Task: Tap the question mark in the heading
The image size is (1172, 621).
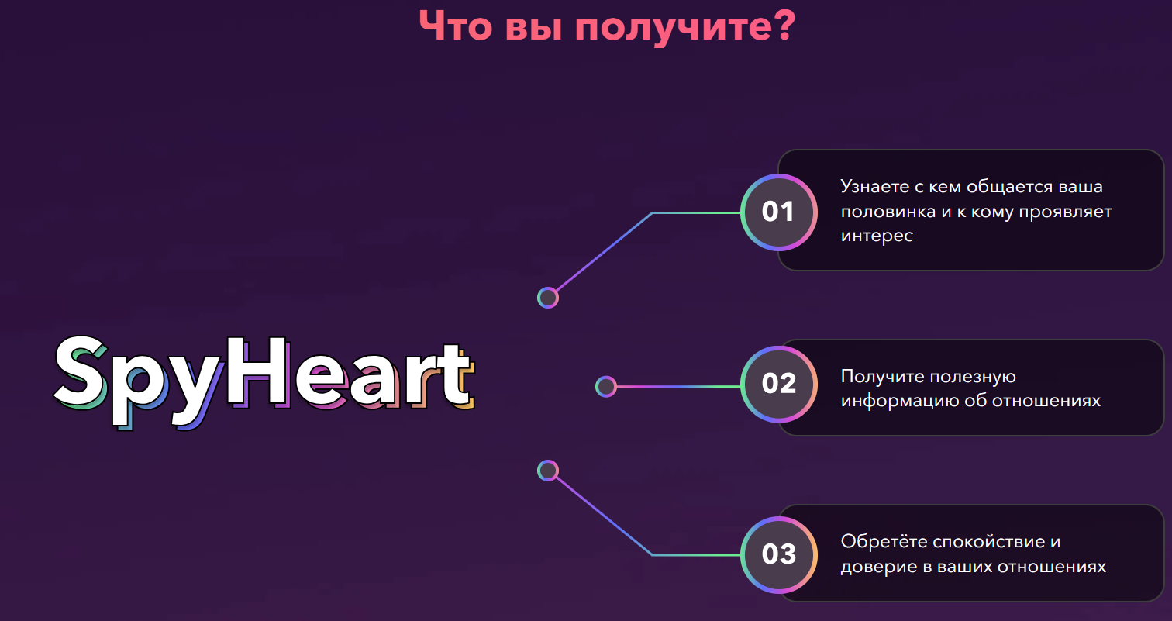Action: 781,25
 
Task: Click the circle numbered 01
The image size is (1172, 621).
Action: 779,212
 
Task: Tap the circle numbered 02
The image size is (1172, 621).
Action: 779,385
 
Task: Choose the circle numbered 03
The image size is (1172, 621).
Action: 779,555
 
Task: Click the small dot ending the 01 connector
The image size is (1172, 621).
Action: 548,298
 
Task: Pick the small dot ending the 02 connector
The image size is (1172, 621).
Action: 605,386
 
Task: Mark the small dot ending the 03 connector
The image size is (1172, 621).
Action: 548,471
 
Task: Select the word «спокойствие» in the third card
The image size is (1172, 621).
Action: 980,541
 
